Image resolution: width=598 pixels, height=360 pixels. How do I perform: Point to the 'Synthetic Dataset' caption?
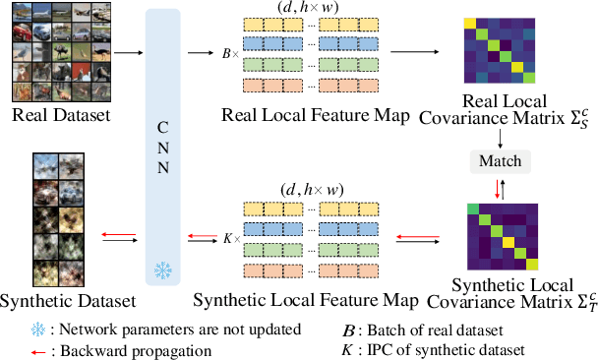[x=65, y=298]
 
